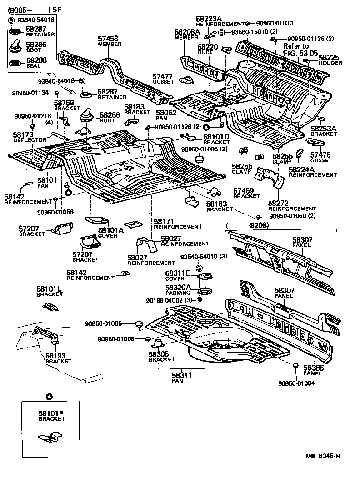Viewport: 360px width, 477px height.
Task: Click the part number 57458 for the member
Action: click(108, 39)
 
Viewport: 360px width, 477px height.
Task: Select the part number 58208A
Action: click(187, 32)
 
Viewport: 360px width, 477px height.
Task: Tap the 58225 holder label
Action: click(329, 58)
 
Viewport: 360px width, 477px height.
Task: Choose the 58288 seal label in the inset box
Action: click(34, 60)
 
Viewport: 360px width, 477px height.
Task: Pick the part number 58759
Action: click(64, 103)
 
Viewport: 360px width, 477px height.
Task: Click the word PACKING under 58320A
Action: click(178, 293)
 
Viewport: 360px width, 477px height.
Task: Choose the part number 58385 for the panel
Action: click(313, 368)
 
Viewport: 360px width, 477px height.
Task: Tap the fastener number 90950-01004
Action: click(297, 383)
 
